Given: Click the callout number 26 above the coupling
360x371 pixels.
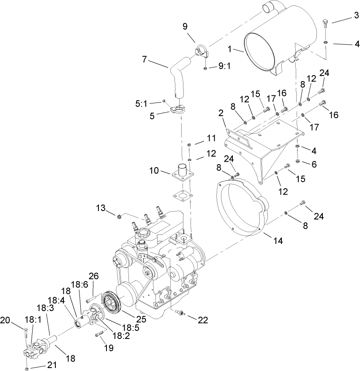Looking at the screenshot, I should click(x=93, y=276).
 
